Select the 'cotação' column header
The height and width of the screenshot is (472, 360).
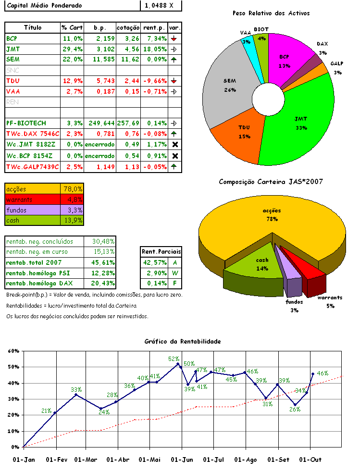tap(128, 27)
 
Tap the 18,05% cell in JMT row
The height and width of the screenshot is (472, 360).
tap(154, 49)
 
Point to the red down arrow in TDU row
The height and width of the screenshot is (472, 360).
tap(174, 81)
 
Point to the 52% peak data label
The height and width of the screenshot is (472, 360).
tap(174, 359)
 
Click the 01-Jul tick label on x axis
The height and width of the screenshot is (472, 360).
tap(213, 460)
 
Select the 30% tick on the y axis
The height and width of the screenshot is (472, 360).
tap(13, 399)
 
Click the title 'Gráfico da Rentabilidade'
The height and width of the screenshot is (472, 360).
tap(183, 341)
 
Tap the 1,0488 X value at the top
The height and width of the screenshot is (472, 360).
tap(161, 5)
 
